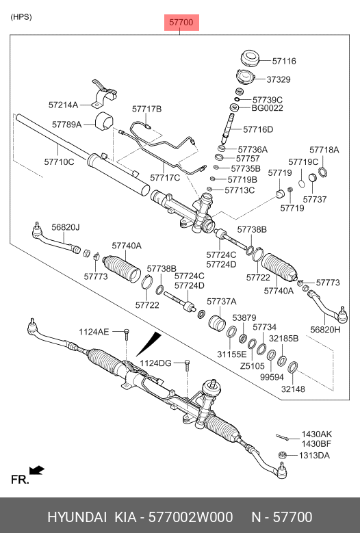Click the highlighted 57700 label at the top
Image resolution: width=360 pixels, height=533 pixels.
pyautogui.click(x=181, y=23)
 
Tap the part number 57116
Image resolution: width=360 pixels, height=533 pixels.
pyautogui.click(x=284, y=61)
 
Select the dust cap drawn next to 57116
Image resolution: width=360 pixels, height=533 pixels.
pyautogui.click(x=250, y=59)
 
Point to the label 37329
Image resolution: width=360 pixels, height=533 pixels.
pyautogui.click(x=279, y=79)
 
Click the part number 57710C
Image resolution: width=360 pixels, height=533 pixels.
pyautogui.click(x=59, y=161)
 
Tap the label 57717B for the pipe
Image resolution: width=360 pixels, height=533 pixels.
pyautogui.click(x=147, y=109)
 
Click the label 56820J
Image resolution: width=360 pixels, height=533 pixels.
pyautogui.click(x=66, y=227)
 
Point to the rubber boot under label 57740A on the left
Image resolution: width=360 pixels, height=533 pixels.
pyautogui.click(x=122, y=268)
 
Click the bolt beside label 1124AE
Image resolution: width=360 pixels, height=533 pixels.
pyautogui.click(x=127, y=334)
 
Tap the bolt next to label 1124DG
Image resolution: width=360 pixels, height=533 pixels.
pyautogui.click(x=187, y=365)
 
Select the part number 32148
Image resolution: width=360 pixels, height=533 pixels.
pyautogui.click(x=293, y=389)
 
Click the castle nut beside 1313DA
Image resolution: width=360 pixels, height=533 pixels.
pyautogui.click(x=282, y=455)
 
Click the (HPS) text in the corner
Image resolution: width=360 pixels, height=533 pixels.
pyautogui.click(x=21, y=17)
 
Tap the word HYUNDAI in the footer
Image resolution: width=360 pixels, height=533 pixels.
pyautogui.click(x=77, y=517)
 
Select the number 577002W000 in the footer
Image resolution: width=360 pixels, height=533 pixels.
pyautogui.click(x=191, y=517)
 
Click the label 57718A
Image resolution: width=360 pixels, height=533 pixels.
pyautogui.click(x=324, y=150)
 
